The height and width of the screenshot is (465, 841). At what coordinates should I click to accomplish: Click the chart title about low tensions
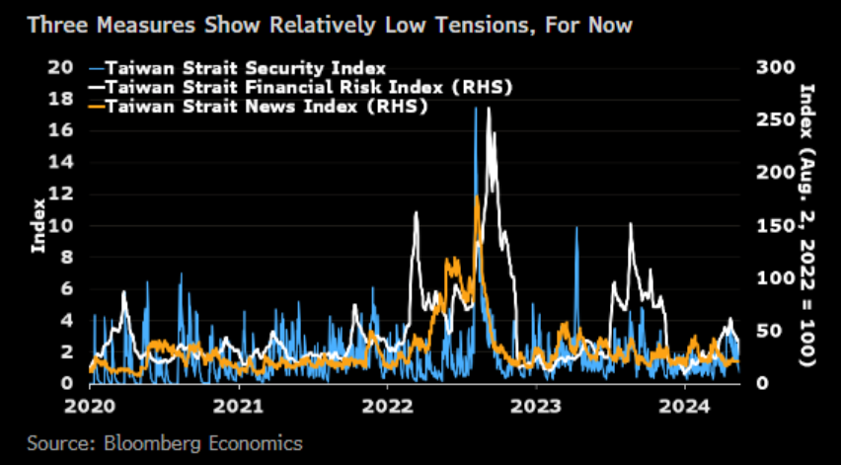(x=330, y=24)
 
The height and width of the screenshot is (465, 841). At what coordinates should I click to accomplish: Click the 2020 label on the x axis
(x=90, y=405)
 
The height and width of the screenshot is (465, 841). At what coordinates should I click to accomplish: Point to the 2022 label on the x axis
(x=387, y=405)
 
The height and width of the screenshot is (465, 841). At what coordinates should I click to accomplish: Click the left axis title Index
(x=38, y=225)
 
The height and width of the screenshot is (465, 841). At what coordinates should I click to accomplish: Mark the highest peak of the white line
(x=489, y=109)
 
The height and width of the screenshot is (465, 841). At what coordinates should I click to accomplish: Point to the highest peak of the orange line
(x=477, y=196)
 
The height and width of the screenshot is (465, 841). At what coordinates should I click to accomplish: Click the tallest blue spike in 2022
(x=475, y=109)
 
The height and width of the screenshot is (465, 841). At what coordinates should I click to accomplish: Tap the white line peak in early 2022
(x=416, y=213)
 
